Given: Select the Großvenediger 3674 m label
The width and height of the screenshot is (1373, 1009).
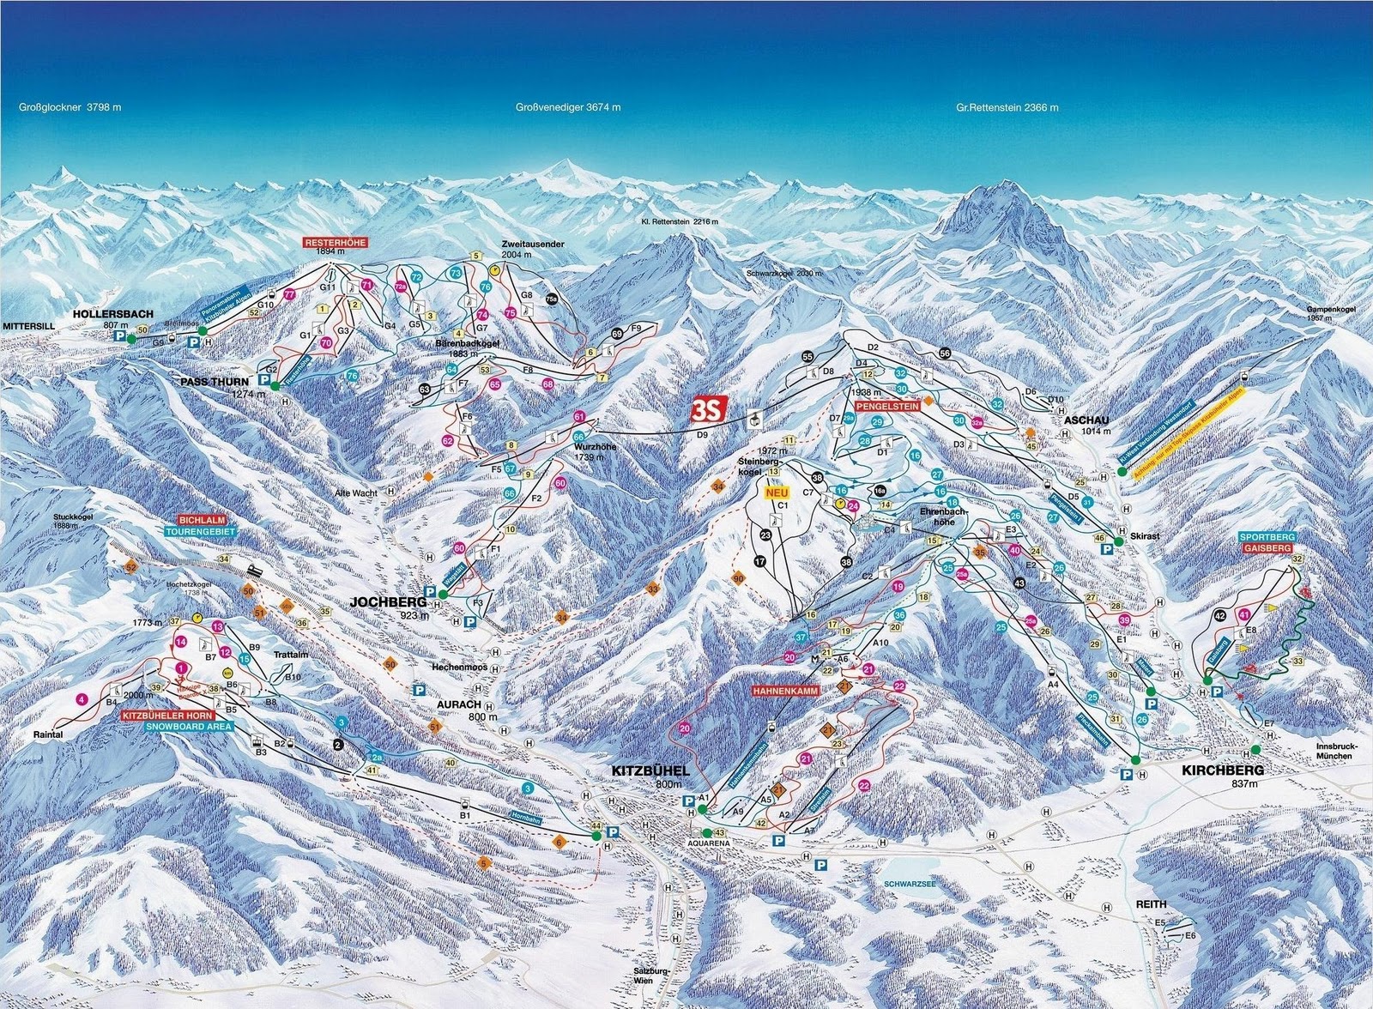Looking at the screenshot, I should point(567,108).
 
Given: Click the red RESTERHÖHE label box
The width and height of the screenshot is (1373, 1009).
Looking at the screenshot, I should point(335,243).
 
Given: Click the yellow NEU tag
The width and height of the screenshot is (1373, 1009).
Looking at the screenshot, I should point(777,493).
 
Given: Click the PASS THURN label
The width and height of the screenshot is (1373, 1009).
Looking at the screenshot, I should point(215,381).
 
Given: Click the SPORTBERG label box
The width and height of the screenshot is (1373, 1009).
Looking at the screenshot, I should point(1267,536).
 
